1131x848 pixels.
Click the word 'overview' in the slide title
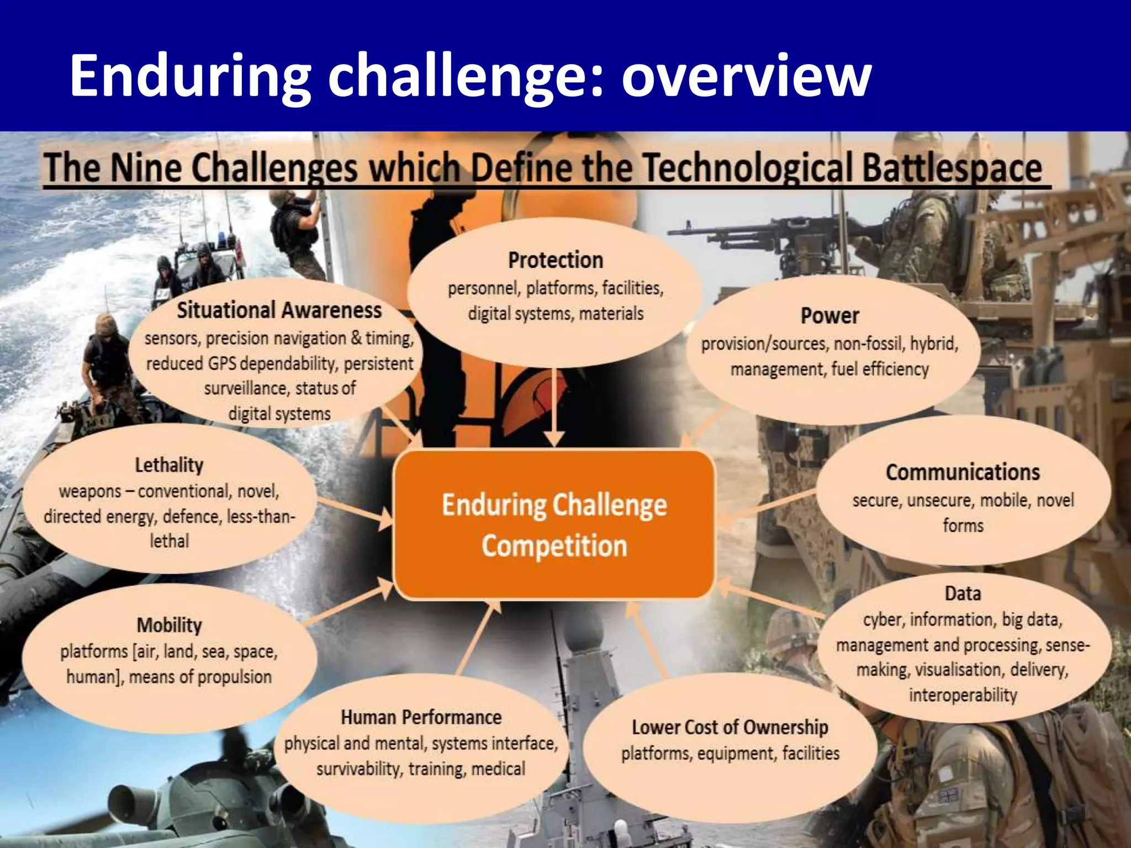[x=746, y=76]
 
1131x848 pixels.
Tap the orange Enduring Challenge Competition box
[x=554, y=525]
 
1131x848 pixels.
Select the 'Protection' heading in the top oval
[x=556, y=260]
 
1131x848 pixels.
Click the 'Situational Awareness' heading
[x=279, y=310]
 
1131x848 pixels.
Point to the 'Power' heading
[x=829, y=316]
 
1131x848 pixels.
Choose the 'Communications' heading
[x=963, y=473]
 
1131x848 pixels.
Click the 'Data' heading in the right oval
[x=963, y=593]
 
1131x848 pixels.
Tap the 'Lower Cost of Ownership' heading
[x=730, y=727]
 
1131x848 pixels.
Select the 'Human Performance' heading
[x=421, y=717]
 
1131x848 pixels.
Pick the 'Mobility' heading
[x=169, y=625]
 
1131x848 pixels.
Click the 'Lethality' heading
[x=169, y=465]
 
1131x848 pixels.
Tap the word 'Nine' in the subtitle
[x=146, y=168]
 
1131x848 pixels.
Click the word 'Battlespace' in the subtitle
[x=952, y=168]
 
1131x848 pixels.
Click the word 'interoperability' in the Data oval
[x=963, y=695]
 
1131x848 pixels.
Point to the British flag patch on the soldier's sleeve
[x=948, y=796]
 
